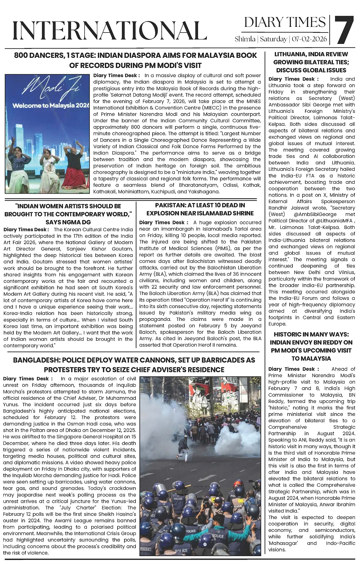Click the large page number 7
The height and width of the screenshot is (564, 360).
coord(344,30)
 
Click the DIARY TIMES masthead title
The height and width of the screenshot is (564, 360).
coord(285,22)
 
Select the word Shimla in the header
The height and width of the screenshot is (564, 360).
coord(245,39)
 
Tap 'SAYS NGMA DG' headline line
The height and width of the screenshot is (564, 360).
coord(68,222)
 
